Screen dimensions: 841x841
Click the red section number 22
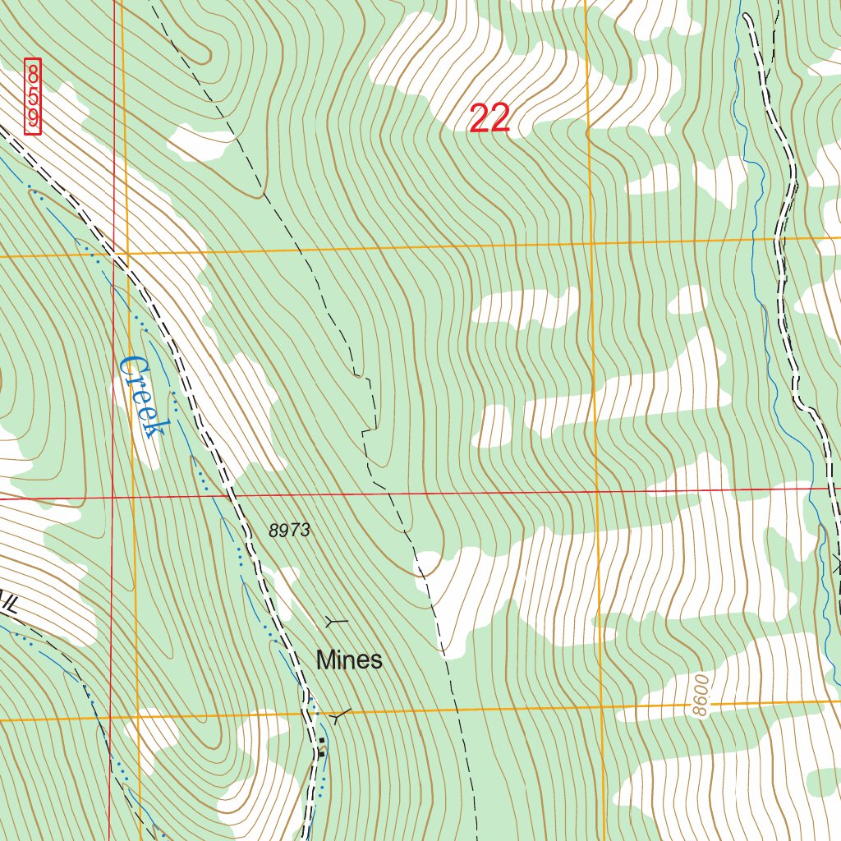point(490,119)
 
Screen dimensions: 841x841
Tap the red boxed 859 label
point(33,96)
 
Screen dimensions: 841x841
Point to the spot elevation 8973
point(289,531)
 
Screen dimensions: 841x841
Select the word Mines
point(349,659)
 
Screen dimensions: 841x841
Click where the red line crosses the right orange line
point(596,491)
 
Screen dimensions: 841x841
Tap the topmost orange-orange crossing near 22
point(590,244)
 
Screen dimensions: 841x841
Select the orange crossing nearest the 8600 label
point(600,707)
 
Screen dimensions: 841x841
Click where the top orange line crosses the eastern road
point(779,238)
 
